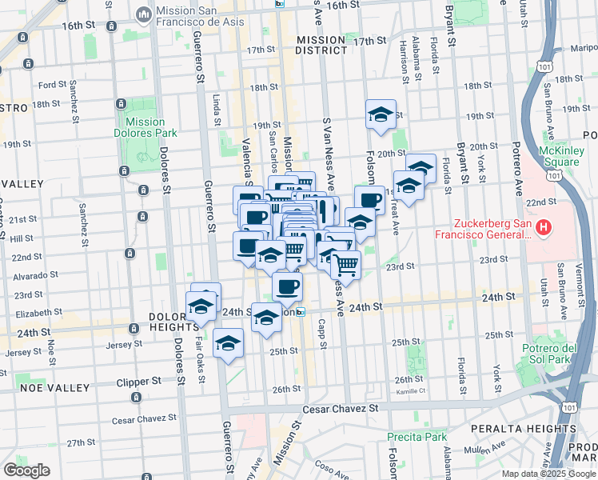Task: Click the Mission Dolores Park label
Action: tap(145, 128)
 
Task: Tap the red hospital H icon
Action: tap(544, 228)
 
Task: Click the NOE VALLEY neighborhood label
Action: tap(33, 387)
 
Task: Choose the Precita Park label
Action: tap(417, 437)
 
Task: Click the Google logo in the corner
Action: tap(26, 470)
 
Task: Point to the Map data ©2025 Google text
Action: tap(548, 474)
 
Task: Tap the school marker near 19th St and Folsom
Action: tap(381, 114)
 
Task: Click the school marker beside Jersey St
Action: tap(229, 343)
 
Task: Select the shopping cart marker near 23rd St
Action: tap(345, 263)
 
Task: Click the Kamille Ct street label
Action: tap(409, 392)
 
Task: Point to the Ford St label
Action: tap(51, 84)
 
